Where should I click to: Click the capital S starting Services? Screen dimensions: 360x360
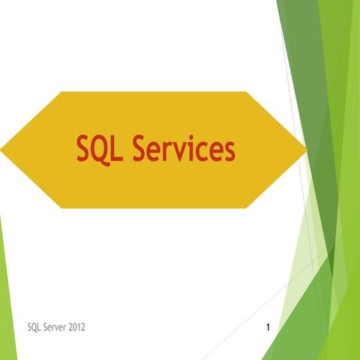(142, 148)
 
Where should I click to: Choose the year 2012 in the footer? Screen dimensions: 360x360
(85, 328)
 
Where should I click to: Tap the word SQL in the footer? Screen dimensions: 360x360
(34, 328)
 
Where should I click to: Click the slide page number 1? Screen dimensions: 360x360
(268, 328)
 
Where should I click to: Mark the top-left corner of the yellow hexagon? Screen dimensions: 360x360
(61, 92)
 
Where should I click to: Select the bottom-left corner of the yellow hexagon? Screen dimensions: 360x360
(61, 208)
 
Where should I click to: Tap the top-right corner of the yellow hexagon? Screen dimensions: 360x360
(247, 92)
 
